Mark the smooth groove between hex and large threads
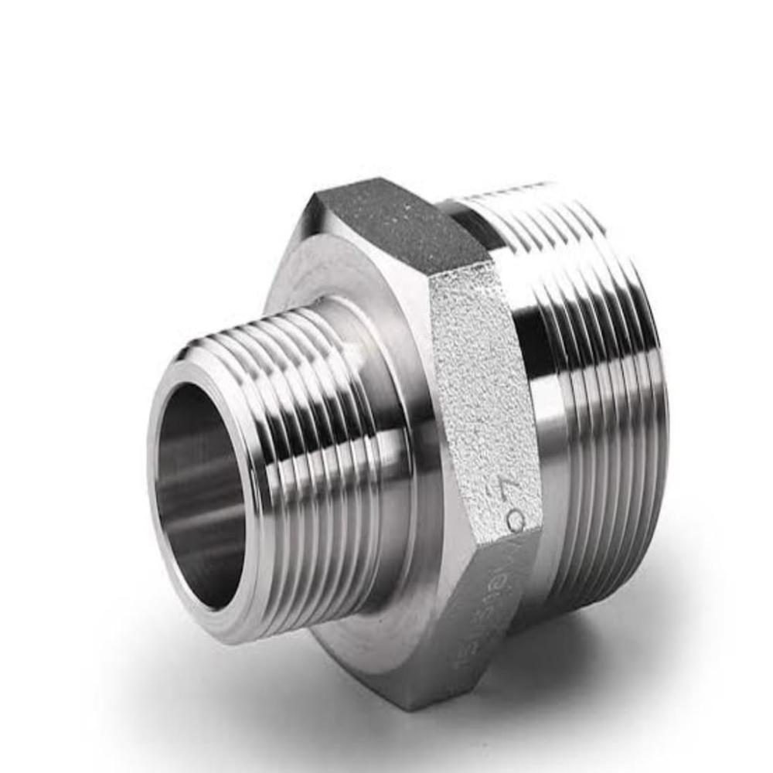pos(541,402)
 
